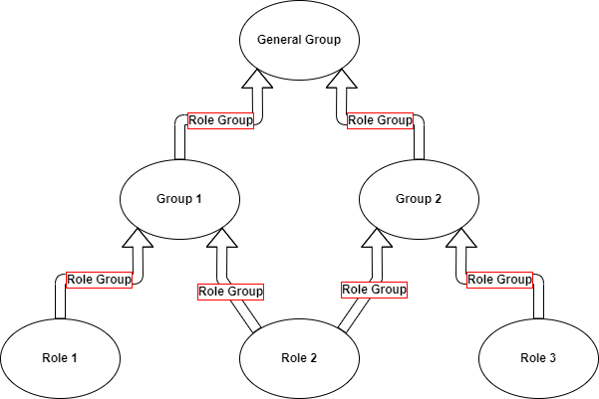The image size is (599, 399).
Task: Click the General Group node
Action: [x=299, y=41]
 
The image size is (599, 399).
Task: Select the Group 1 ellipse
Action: [x=179, y=198]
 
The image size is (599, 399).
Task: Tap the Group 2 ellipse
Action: [x=419, y=198]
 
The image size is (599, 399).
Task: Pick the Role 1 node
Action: [x=60, y=358]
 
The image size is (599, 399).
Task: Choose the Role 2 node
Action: [x=299, y=358]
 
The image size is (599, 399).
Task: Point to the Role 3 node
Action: [x=538, y=358]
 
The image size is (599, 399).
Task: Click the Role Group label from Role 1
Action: [x=99, y=280]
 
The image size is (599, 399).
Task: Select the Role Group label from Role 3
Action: [x=499, y=280]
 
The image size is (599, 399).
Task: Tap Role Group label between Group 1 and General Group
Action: [x=220, y=120]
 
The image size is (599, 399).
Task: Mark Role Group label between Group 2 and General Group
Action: [x=380, y=120]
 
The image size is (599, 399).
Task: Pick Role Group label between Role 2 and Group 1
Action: [x=230, y=292]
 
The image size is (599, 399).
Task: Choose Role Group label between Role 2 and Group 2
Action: [x=374, y=290]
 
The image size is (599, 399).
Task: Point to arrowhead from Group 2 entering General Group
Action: [x=344, y=88]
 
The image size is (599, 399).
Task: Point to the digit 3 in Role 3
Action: [x=556, y=358]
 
